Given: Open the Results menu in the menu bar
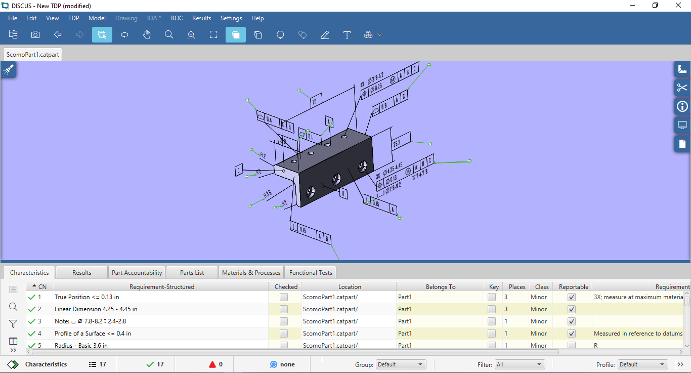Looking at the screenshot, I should click(201, 18).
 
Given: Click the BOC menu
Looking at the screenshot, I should click(177, 18).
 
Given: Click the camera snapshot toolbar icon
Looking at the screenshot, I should click(35, 35).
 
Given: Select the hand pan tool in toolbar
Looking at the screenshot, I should click(147, 35).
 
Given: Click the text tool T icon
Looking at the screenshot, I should click(347, 35).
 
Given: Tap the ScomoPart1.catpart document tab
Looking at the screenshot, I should click(33, 55).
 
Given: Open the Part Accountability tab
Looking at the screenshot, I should click(137, 272).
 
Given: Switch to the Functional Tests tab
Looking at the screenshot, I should click(311, 272).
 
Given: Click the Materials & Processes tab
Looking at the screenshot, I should click(251, 272).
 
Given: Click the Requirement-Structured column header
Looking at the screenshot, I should click(162, 286).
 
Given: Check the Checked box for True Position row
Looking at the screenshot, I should click(284, 297).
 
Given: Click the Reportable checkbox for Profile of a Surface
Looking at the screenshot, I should click(572, 334).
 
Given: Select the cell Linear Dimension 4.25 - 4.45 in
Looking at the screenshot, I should click(96, 309).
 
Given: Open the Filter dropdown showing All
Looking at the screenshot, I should click(520, 364).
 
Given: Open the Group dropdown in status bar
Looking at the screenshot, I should click(401, 364).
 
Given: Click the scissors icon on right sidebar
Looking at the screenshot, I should click(682, 88).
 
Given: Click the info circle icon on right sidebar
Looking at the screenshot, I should click(682, 106).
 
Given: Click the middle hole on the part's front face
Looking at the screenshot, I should click(336, 179).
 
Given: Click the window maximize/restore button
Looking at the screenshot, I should click(655, 6).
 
